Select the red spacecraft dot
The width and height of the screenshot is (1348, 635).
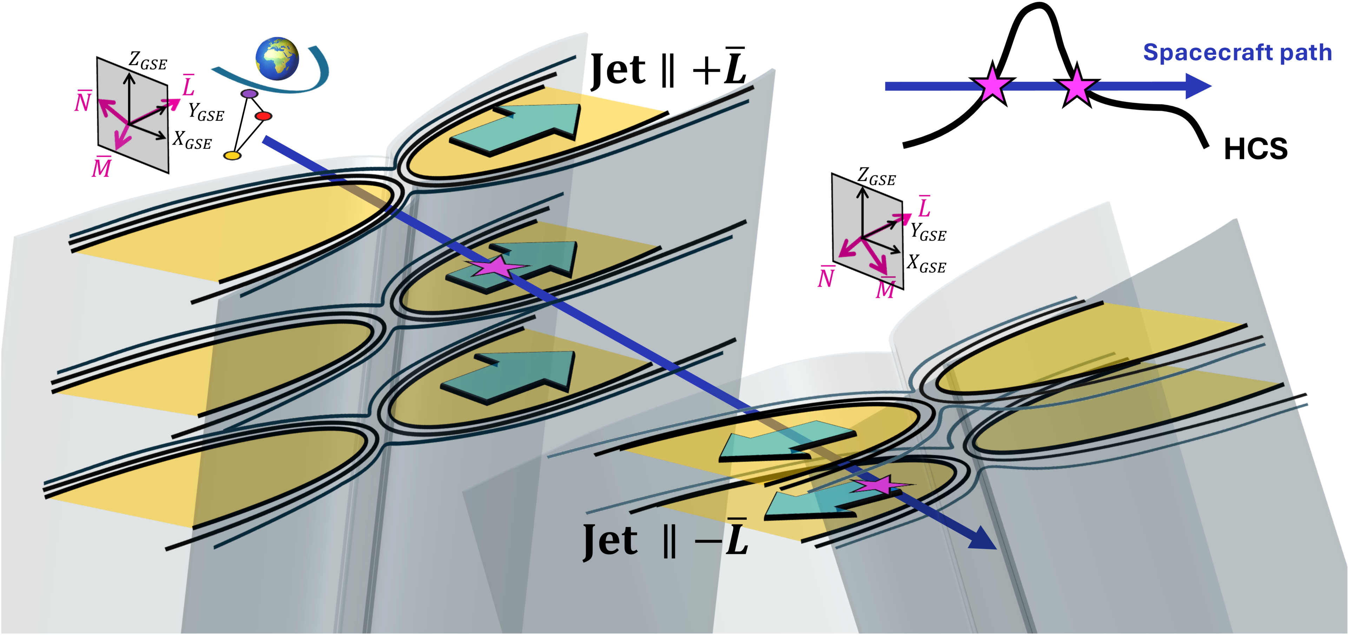(x=264, y=116)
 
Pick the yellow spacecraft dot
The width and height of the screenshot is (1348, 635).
(x=232, y=156)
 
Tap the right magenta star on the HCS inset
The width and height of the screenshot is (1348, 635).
(x=1076, y=87)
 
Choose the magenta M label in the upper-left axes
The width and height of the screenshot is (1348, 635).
(x=101, y=168)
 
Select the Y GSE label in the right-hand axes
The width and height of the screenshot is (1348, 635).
(x=928, y=232)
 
